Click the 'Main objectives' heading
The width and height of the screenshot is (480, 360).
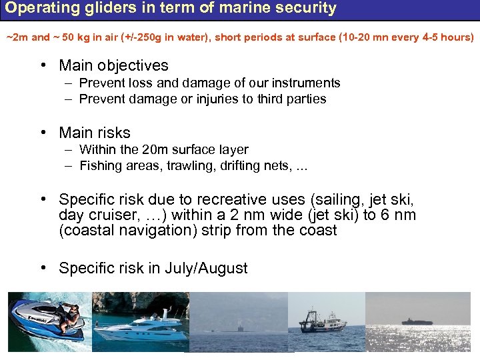tap(113, 65)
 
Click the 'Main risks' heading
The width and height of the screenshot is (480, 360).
tap(95, 133)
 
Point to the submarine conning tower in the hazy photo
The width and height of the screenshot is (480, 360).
tap(239, 327)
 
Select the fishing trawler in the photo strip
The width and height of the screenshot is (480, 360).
tap(322, 321)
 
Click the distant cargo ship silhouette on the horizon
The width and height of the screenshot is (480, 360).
tap(417, 321)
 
